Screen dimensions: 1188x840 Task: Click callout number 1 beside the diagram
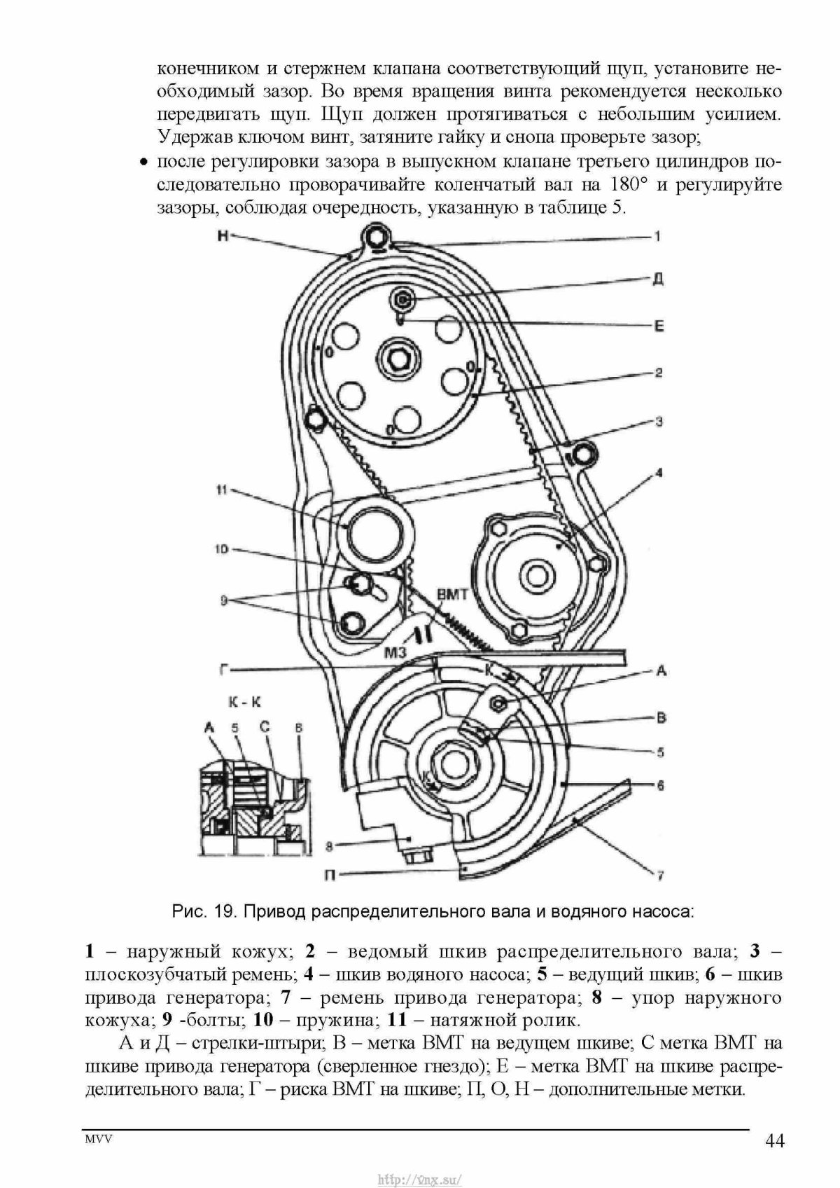pyautogui.click(x=657, y=237)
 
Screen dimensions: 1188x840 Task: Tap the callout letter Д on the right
pyautogui.click(x=657, y=279)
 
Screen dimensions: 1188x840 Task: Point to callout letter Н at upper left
pyautogui.click(x=223, y=236)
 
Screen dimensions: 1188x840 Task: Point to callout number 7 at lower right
pyautogui.click(x=659, y=875)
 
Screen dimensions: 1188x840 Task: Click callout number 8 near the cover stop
pyautogui.click(x=330, y=846)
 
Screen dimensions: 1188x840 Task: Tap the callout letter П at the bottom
pyautogui.click(x=328, y=872)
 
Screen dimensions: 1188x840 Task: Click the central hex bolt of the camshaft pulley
pyautogui.click(x=400, y=362)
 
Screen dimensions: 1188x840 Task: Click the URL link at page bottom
pyautogui.click(x=420, y=1179)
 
